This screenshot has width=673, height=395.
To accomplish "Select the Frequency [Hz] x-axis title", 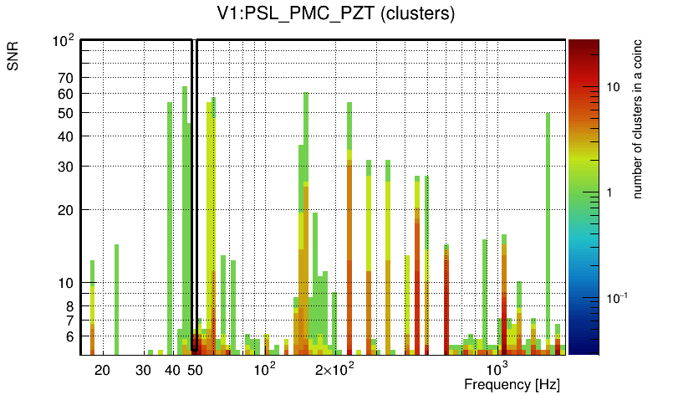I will [x=512, y=384].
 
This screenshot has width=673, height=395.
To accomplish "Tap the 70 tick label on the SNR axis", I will [x=66, y=78].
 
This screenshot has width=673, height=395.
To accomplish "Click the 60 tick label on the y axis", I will [x=66, y=93].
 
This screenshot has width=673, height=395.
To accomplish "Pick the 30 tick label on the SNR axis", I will [x=66, y=167].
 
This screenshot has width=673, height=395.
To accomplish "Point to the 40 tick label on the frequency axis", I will [x=173, y=369].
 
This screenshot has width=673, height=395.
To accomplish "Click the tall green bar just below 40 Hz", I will [x=170, y=226].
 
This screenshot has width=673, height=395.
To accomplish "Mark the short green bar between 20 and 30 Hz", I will [x=116, y=297].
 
